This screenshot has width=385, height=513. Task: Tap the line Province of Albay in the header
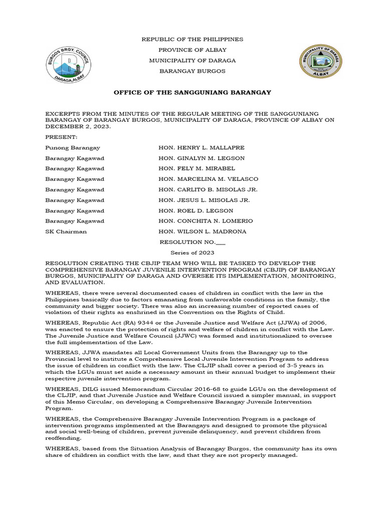[192, 50]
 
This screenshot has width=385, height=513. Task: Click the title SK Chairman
[66, 231]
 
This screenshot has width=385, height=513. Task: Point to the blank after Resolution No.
[221, 242]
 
